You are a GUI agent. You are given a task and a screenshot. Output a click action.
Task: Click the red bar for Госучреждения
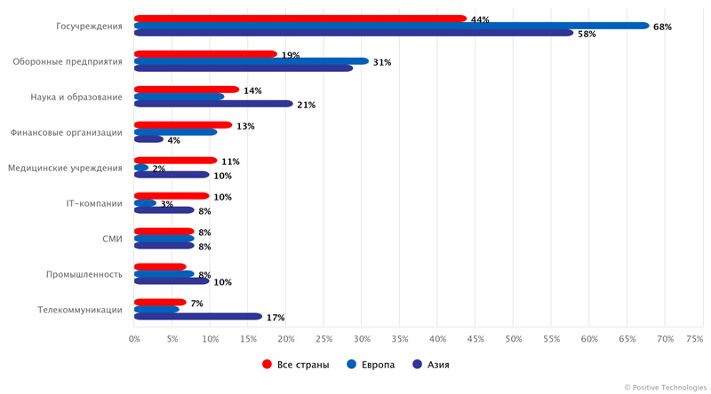[300, 19]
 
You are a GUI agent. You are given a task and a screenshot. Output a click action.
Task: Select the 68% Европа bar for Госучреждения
[391, 26]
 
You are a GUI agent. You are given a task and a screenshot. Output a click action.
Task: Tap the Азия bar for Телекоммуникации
[198, 316]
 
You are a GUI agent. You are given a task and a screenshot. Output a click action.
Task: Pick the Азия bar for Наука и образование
[213, 104]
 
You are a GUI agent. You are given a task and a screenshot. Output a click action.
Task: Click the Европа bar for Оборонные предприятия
[251, 61]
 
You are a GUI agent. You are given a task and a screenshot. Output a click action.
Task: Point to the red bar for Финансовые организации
[182, 125]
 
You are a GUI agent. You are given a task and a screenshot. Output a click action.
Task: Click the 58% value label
[587, 34]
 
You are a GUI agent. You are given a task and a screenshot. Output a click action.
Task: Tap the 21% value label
[307, 105]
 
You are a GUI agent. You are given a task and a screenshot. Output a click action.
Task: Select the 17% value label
[276, 317]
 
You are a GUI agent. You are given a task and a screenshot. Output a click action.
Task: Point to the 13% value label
[245, 126]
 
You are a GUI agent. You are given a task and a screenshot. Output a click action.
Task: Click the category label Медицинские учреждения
[64, 168]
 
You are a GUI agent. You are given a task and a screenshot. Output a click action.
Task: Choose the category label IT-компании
[93, 203]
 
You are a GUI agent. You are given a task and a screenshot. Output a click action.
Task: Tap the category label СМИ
[112, 239]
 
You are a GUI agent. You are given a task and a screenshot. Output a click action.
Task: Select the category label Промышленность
[84, 274]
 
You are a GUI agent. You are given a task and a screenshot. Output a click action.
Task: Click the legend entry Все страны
[296, 364]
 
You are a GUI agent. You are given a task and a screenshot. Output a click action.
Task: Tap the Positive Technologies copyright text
[665, 387]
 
